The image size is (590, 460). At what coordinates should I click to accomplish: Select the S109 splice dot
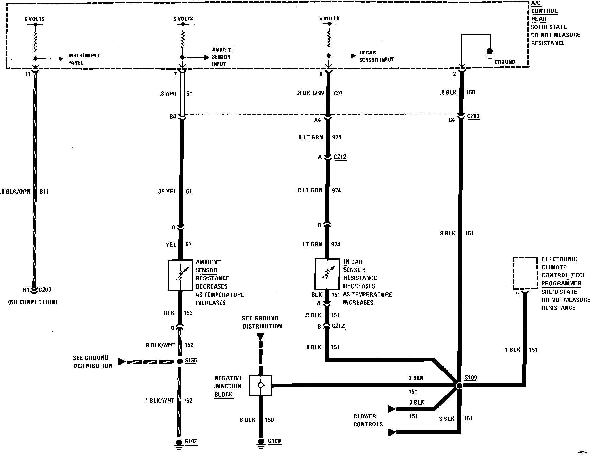point(459,386)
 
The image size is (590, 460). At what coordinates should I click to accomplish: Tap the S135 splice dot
point(180,361)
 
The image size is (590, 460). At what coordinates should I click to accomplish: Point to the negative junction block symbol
point(261,385)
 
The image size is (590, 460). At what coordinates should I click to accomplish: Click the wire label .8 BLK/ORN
point(16,192)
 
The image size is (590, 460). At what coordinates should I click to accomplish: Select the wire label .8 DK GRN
point(310,93)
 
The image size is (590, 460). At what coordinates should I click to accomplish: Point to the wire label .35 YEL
point(166,192)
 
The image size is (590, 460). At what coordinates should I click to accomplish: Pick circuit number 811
point(44,192)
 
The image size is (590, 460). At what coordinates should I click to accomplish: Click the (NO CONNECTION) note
point(32,302)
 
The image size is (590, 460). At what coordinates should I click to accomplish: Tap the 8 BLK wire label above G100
point(248,420)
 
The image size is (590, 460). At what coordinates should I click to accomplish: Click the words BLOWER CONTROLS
point(368,420)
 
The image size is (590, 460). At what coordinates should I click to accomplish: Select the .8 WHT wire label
point(168,94)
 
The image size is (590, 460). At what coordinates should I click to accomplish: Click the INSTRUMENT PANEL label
point(84,59)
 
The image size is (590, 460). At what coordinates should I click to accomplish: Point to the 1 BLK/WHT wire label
point(160,400)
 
